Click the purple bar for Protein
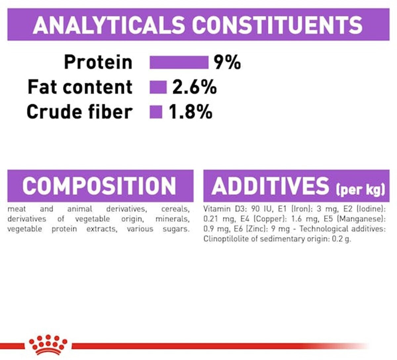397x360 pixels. click(179, 62)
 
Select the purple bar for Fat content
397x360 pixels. click(158, 87)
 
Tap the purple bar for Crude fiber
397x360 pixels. click(156, 112)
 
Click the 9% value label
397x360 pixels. click(227, 62)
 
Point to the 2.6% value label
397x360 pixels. click(195, 87)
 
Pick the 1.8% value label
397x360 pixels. click(190, 112)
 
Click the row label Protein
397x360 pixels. click(98, 62)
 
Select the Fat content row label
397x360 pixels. click(80, 87)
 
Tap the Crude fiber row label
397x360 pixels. click(79, 112)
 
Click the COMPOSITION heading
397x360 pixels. click(99, 186)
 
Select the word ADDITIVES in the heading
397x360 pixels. click(270, 186)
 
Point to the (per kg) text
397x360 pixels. click(360, 189)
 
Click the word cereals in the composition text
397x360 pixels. click(175, 209)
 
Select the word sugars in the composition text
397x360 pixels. click(176, 229)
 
